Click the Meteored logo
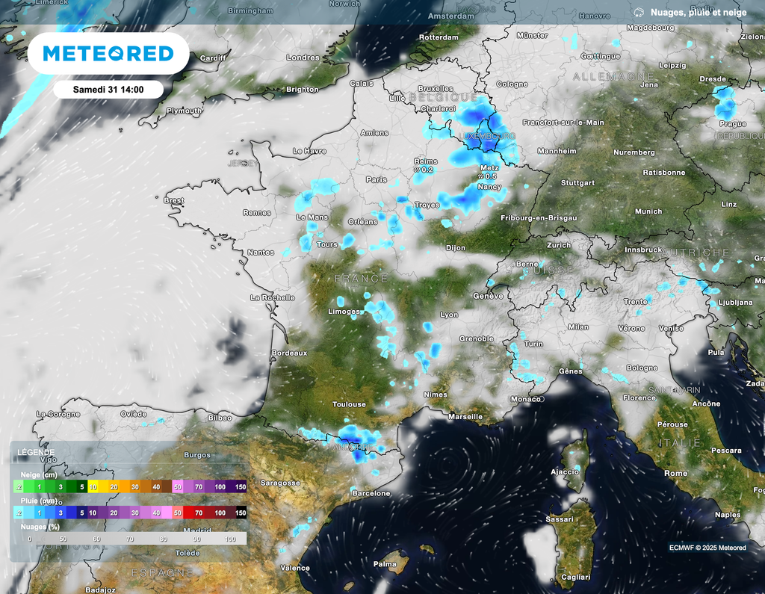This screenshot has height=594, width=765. [108, 54]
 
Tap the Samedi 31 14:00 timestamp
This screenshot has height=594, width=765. [108, 89]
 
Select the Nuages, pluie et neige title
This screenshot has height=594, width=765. [697, 12]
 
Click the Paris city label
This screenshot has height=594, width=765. [376, 179]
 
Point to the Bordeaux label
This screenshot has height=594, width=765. [289, 353]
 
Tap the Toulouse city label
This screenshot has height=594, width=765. [349, 404]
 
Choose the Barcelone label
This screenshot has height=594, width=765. [371, 493]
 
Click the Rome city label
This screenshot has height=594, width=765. [675, 473]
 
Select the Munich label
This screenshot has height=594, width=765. [648, 211]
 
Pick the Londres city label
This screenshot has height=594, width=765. [303, 58]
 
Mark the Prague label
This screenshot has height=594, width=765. [733, 124]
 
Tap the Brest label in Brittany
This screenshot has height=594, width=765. [173, 200]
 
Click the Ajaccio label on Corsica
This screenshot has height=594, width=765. [565, 471]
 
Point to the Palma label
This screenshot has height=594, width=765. [385, 563]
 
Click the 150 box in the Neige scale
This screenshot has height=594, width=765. [241, 486]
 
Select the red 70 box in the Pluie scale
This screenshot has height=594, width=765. [199, 513]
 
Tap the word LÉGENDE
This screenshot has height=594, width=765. [35, 452]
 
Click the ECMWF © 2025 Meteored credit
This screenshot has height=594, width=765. [707, 548]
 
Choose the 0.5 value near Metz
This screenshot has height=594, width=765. [490, 176]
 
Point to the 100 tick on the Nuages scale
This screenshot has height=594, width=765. [230, 539]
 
